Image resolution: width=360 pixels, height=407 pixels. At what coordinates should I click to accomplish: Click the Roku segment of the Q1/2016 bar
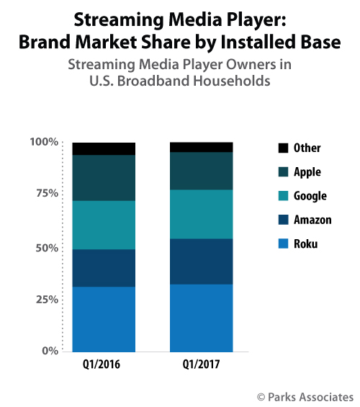pos(104,318)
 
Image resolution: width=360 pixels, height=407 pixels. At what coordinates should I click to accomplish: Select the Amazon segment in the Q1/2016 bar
pos(104,268)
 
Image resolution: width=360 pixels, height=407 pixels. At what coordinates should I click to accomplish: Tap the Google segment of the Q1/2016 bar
pos(104,225)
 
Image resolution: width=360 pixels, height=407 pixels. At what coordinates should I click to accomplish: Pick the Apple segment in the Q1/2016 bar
pos(104,177)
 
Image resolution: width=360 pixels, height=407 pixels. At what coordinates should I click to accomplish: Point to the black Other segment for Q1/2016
pos(104,148)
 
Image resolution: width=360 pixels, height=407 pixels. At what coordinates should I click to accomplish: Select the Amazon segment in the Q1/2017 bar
pos(201,261)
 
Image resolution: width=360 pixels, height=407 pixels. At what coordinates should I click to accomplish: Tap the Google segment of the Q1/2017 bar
pos(201,214)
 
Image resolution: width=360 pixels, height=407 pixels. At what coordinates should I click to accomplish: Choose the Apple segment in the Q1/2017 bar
pos(201,171)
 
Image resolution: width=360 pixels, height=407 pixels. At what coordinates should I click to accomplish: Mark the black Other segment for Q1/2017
pos(201,147)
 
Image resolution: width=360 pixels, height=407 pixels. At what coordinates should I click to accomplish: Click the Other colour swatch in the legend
pos(282,148)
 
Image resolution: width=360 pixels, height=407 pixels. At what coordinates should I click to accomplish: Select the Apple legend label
pos(307,172)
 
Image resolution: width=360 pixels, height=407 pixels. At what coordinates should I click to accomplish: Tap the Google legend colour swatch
pos(282,196)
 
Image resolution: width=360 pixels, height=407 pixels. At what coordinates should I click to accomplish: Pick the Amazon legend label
pos(313,220)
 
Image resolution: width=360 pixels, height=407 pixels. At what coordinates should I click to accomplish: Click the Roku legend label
pos(306,243)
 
